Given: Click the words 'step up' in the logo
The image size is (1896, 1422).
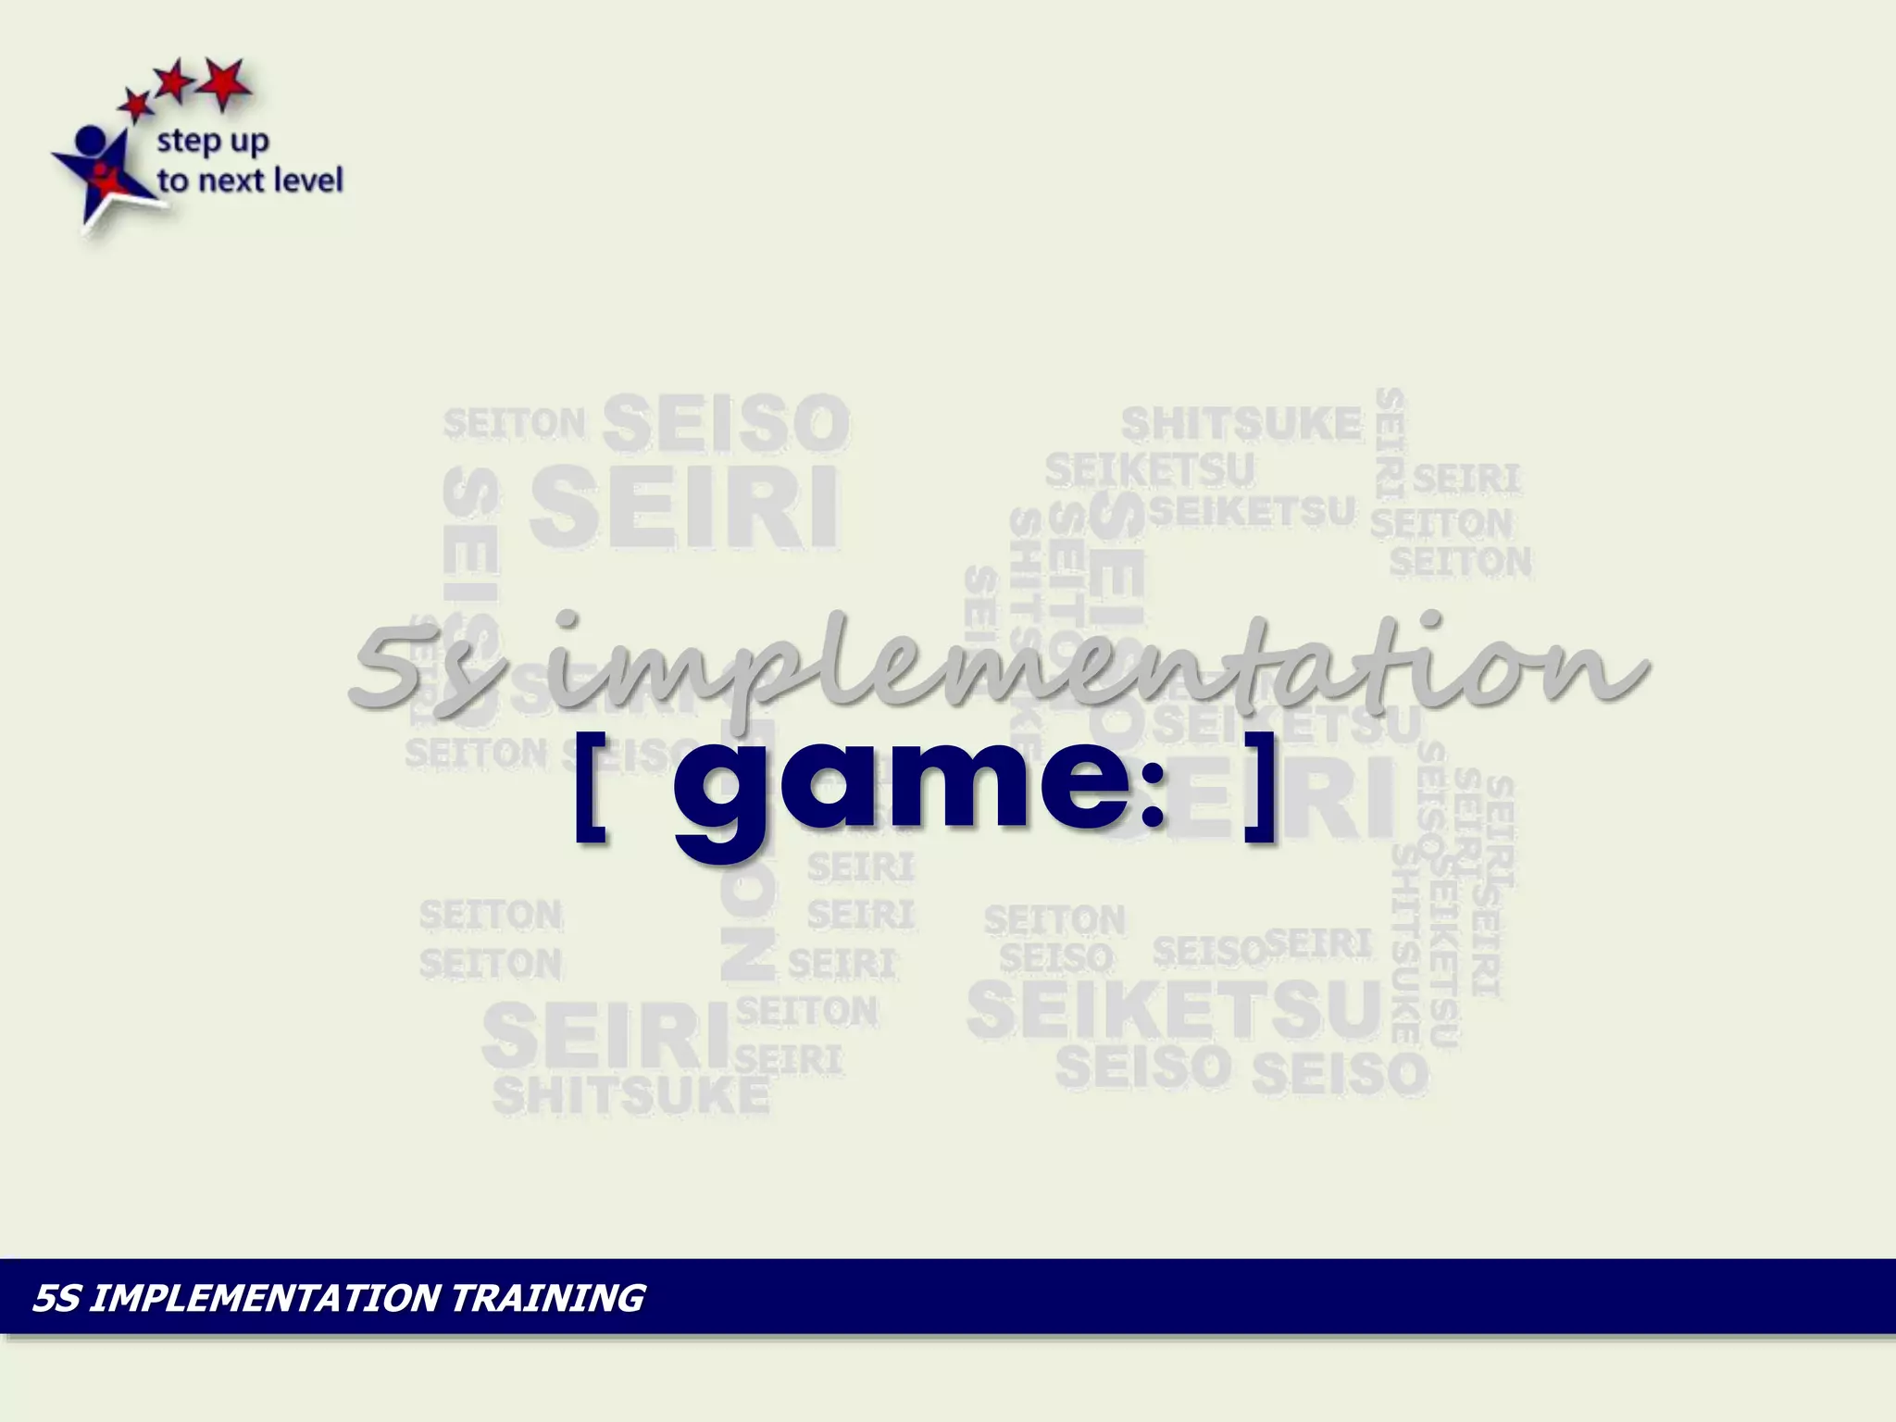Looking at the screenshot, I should tap(212, 142).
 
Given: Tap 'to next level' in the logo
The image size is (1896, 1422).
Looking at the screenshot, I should tap(249, 180).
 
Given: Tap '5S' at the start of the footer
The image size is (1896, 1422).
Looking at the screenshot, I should tap(56, 1297).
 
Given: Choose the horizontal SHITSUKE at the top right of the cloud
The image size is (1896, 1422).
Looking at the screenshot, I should tap(1241, 424).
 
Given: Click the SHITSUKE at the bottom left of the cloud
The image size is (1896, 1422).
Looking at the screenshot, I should tap(630, 1095).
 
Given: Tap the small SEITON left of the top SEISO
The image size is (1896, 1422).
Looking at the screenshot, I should tap(514, 424).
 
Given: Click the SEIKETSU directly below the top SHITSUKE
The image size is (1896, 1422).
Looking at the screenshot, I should tap(1149, 469).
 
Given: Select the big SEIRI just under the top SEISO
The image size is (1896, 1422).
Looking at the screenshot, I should tap(684, 506).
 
